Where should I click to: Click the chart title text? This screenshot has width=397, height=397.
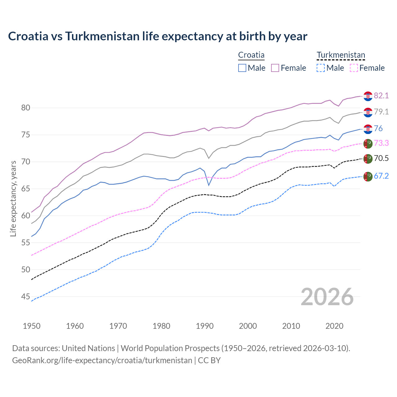158,36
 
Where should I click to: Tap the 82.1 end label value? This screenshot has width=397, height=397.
381,96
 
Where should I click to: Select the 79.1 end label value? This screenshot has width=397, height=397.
381,112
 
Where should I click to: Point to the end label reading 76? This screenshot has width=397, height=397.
378,128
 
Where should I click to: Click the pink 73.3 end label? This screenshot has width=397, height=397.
381,143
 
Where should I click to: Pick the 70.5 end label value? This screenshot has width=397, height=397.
381,158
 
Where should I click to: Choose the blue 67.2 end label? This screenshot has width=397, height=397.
381,176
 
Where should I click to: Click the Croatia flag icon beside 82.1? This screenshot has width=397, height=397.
368,96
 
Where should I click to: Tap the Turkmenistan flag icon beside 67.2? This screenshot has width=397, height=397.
368,176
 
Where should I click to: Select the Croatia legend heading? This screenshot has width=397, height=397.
251,55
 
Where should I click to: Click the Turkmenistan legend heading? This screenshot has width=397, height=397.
341,55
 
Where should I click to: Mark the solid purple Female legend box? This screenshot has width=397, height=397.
275,68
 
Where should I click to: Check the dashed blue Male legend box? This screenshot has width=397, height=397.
321,68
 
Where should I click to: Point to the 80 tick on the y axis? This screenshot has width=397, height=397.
26,108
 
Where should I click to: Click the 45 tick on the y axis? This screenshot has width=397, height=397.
26,297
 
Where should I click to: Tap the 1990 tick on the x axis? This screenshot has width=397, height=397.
205,326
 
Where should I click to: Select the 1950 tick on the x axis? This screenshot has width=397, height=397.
32,326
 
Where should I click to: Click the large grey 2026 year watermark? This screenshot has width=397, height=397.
327,297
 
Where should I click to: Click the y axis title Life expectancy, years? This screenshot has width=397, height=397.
13,198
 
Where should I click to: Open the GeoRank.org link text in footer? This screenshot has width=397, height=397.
102,360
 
